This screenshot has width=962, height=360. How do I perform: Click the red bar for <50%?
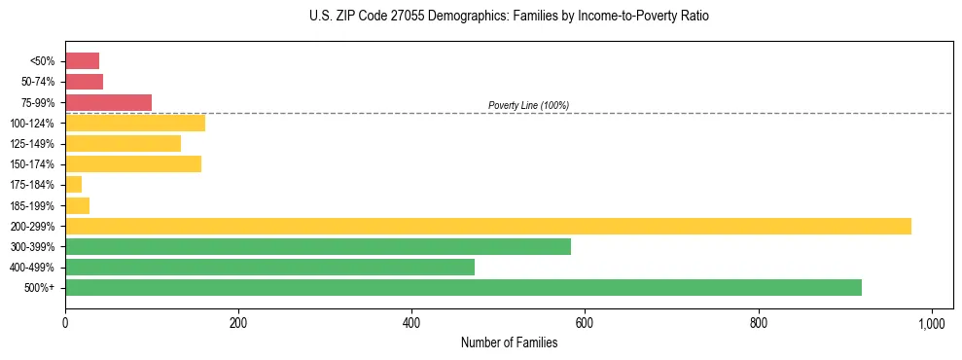coord(82,61)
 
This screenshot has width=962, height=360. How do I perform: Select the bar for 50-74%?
coord(84,82)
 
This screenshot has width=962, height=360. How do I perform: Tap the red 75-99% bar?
coord(108,102)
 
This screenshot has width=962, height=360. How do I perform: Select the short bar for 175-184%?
coord(73,184)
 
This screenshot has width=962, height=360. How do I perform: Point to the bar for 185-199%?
coord(77,205)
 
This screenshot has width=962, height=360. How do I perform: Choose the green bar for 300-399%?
coord(317,246)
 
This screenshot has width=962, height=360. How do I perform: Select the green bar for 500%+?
coord(463,287)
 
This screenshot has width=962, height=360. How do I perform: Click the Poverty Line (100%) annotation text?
coord(528,105)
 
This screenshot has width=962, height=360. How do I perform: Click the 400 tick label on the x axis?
coord(411,322)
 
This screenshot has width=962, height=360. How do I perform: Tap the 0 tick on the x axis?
coord(65,322)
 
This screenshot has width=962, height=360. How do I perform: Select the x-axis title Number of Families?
coord(508,342)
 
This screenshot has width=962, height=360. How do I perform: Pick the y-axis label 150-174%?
coord(32,164)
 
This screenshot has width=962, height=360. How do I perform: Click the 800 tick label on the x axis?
coord(759,322)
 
